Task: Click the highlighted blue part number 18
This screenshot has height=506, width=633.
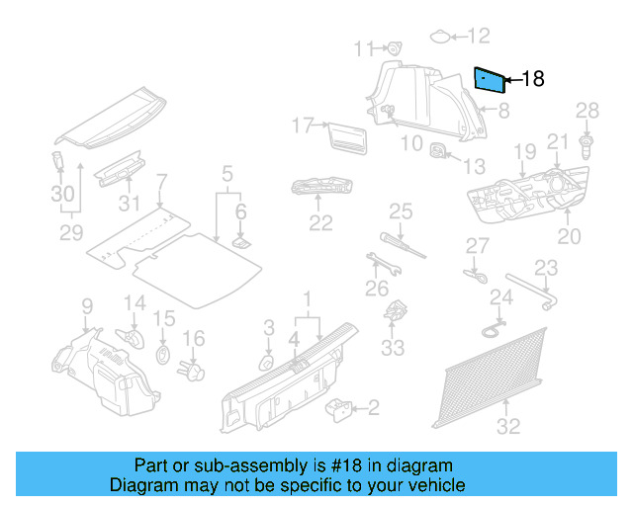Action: tap(488, 79)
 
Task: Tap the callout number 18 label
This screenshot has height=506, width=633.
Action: tap(532, 79)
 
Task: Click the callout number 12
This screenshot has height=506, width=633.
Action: tap(478, 38)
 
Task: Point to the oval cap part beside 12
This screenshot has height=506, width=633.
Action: tap(439, 38)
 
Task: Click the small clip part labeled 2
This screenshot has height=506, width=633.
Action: tap(341, 406)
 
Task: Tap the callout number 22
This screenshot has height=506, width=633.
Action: tap(320, 222)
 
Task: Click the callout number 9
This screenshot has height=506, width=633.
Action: tap(86, 305)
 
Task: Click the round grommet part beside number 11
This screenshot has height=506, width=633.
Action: tap(394, 47)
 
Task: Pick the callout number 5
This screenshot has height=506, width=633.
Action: tap(226, 175)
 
